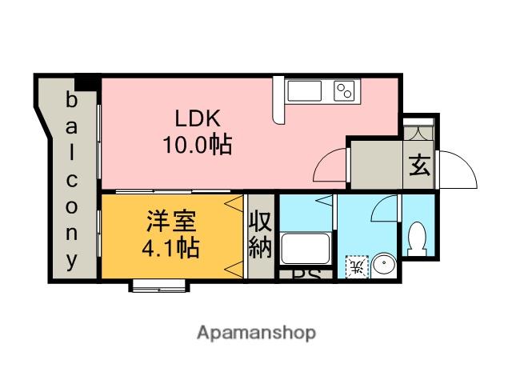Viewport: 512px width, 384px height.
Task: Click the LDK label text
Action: click(198, 118)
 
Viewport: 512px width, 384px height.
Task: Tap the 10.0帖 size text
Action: click(198, 146)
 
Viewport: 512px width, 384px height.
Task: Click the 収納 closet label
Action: click(261, 234)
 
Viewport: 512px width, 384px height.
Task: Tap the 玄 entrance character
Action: click(418, 166)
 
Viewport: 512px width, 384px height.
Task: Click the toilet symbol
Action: click(416, 238)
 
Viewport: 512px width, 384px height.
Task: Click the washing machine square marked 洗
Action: click(356, 266)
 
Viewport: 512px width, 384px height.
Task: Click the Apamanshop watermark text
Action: click(256, 332)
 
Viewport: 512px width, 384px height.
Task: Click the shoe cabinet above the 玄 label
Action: click(418, 130)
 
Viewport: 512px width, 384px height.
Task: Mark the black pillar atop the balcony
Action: click(86, 82)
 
